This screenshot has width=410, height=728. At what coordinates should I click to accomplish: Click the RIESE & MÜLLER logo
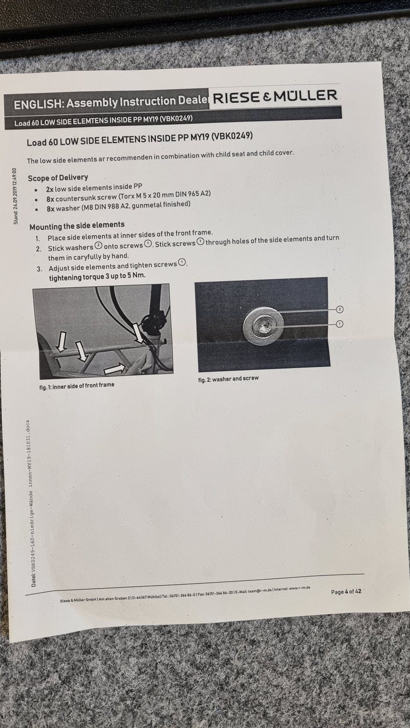pos(275,97)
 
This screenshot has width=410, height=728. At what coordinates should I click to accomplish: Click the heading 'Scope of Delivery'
pos(58,178)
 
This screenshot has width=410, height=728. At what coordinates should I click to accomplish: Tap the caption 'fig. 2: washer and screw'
pos(228,379)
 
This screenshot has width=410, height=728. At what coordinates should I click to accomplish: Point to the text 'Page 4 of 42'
pos(346,591)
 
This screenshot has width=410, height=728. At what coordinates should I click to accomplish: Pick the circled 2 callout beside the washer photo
pos(340,309)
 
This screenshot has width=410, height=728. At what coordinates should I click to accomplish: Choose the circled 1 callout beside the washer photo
pos(340,324)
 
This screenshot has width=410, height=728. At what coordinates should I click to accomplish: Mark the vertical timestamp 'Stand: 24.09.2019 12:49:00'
pos(15,196)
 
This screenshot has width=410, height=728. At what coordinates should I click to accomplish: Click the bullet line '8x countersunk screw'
pos(128,196)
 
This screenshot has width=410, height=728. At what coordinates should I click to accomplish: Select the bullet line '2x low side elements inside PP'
pos(94,187)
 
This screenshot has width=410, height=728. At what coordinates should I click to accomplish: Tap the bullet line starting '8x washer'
pos(118,207)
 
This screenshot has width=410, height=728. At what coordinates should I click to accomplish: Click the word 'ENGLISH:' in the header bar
pos(38,104)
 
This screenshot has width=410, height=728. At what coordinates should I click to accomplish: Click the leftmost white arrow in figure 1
pos(61,342)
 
